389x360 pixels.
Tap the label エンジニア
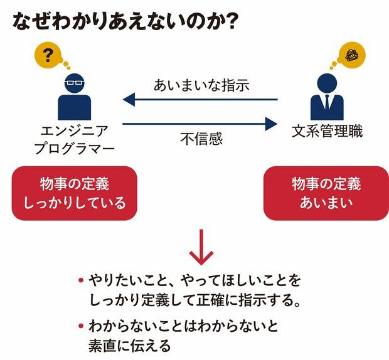[73, 132]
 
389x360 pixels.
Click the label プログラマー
[74, 150]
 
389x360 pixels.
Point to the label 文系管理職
[327, 132]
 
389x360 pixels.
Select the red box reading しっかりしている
[74, 193]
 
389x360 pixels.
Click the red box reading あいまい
[326, 193]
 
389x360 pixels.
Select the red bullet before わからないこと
[81, 326]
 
